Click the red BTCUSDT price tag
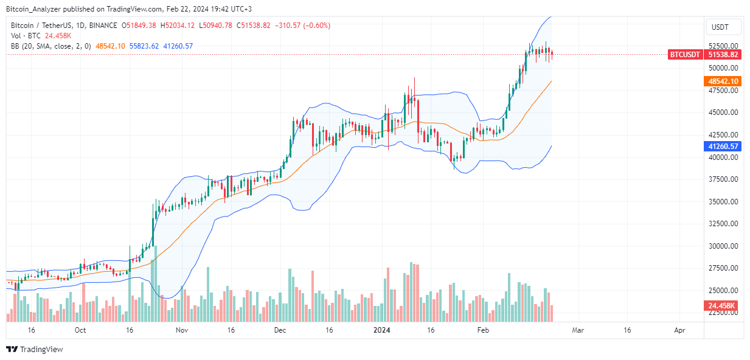(x=684, y=55)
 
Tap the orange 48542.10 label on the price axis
(x=723, y=81)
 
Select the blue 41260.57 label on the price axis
(x=723, y=147)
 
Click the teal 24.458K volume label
(x=723, y=305)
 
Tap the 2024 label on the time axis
(x=381, y=330)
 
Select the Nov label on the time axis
(x=181, y=330)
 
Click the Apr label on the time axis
(x=680, y=330)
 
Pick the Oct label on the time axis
(x=80, y=330)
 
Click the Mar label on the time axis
(x=578, y=330)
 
